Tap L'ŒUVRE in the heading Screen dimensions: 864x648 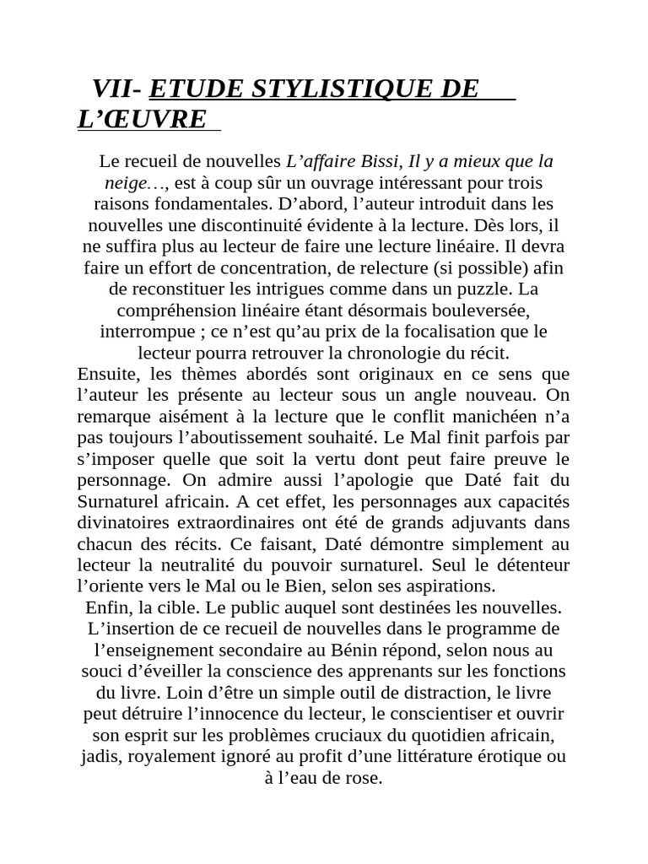tap(141, 120)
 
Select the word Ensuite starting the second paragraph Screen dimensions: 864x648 tap(109, 374)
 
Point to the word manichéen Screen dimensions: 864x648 tap(494, 416)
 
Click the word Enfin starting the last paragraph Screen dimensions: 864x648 tap(106, 607)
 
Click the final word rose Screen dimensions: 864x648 tap(364, 777)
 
